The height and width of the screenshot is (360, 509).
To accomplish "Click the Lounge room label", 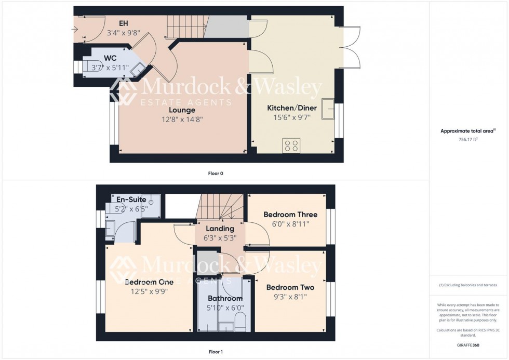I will point(182,110).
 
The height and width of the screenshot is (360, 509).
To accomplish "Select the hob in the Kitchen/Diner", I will point(290,145).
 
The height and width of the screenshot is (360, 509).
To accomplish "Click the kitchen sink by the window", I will point(328,108).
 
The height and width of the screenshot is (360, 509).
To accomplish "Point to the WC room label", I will point(110,57).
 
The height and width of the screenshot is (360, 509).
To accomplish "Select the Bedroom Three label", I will point(290,215).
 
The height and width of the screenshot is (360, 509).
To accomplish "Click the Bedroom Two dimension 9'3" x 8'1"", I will point(290,297).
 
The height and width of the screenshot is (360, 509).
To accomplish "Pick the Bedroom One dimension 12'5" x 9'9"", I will point(149,291).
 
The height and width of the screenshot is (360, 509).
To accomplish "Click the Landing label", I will point(220,229).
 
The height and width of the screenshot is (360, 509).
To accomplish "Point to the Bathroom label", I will point(225,299).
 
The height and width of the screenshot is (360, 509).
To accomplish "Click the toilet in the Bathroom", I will point(240,326).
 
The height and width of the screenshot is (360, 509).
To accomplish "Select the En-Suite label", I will point(131,199).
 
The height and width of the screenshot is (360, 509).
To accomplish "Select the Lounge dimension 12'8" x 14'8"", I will point(182,119).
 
